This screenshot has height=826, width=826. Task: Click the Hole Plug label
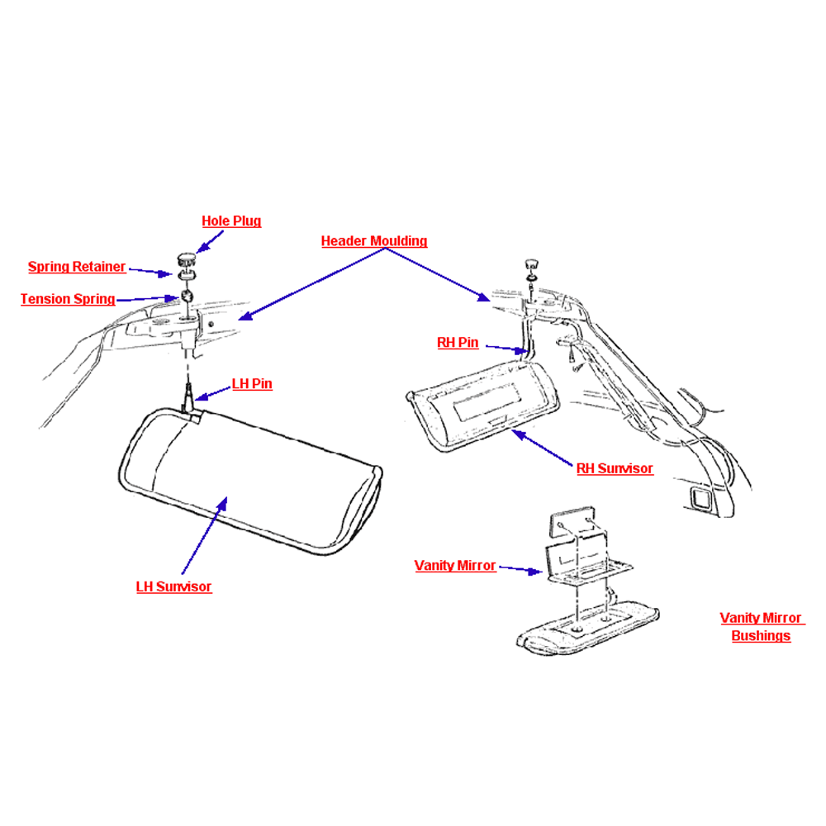(x=231, y=221)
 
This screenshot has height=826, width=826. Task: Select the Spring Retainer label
(x=77, y=267)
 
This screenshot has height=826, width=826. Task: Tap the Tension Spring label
(x=68, y=299)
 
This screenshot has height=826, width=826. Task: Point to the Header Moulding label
(x=374, y=241)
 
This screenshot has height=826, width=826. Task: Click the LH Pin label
(x=252, y=383)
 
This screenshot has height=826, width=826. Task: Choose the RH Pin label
(x=458, y=343)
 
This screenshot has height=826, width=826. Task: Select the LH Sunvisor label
(x=173, y=586)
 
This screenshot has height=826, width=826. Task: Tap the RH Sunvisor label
(x=615, y=468)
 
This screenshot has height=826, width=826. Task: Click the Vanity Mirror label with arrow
(x=455, y=566)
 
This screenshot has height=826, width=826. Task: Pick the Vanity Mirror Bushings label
(x=762, y=627)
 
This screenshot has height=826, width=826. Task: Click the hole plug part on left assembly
(x=186, y=259)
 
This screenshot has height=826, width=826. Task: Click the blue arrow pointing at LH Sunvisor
(x=204, y=534)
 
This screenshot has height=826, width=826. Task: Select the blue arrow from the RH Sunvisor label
(x=542, y=448)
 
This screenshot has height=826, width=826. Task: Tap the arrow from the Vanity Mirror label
(x=520, y=569)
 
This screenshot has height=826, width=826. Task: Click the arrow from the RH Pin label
(x=507, y=349)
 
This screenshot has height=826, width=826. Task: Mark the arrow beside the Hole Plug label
(x=210, y=242)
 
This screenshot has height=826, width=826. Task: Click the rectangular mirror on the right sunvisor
(x=487, y=401)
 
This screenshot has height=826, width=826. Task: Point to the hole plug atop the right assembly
(x=531, y=264)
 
